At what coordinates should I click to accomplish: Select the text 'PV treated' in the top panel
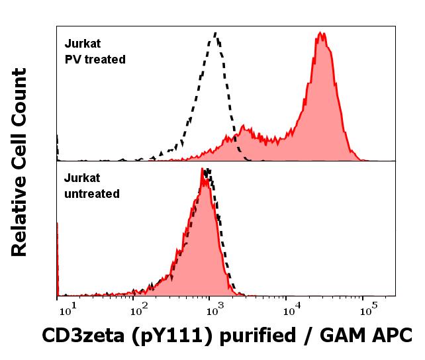[95, 59]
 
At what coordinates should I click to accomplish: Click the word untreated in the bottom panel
[92, 194]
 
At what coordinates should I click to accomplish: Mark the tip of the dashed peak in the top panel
[215, 32]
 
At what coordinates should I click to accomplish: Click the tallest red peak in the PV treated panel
[321, 32]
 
